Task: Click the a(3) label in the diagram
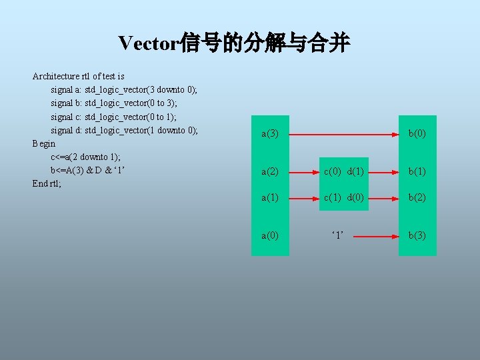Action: (270, 134)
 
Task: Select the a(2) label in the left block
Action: (270, 171)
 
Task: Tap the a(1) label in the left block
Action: (270, 197)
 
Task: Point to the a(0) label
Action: (270, 235)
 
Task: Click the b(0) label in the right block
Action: (417, 134)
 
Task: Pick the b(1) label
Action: (417, 171)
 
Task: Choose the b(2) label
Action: (417, 197)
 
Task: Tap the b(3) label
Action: (417, 235)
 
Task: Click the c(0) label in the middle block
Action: (333, 171)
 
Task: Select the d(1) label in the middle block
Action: (355, 171)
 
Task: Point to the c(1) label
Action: (333, 197)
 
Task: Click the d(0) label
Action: (355, 197)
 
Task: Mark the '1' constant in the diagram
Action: (338, 235)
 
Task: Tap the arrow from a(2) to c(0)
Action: (303, 171)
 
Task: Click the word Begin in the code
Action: (44, 143)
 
